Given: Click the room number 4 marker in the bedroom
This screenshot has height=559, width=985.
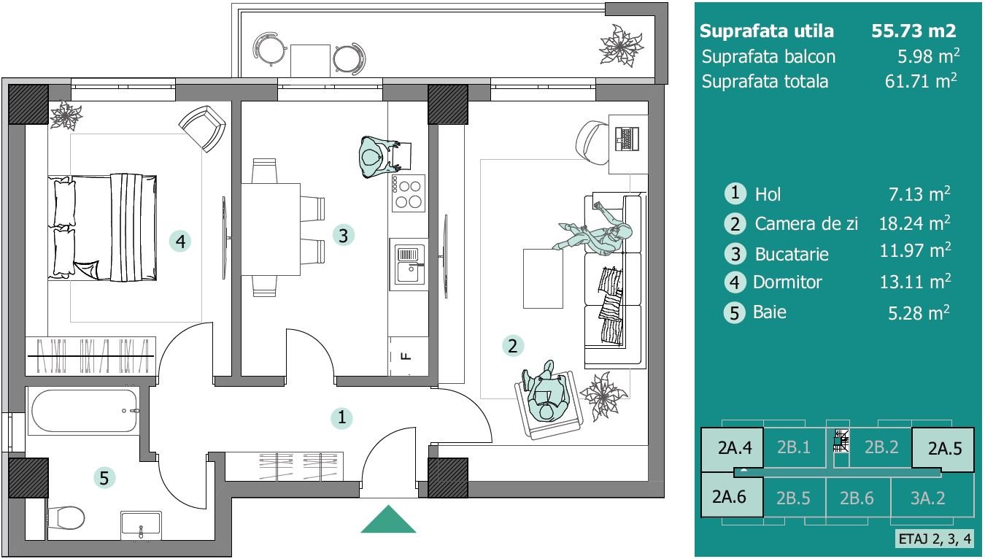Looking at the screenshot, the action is [180, 241].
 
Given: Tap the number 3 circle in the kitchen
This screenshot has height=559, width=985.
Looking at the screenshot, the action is [344, 235].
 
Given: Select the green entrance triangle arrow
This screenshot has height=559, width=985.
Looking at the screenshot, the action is [388, 520].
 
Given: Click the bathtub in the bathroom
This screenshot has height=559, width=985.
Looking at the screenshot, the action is [85, 411].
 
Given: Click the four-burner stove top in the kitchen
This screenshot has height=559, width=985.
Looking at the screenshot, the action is [409, 193].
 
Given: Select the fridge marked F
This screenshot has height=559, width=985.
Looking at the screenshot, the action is [409, 356].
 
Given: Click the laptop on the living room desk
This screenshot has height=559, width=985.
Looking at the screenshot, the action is [627, 139].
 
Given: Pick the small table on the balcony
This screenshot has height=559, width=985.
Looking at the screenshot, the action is [310, 61].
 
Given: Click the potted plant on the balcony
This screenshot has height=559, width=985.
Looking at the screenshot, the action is [621, 45].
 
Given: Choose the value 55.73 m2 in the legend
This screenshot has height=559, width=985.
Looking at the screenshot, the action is [913, 31].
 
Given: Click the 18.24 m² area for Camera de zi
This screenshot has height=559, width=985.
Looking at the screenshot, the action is [915, 223].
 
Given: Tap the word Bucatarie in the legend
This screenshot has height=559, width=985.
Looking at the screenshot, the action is [792, 254].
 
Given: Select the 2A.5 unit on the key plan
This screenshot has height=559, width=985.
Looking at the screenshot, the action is [945, 448].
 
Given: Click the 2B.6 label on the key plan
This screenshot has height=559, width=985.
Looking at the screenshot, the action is [857, 498].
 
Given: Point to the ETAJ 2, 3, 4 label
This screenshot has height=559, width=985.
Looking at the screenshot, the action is [935, 539].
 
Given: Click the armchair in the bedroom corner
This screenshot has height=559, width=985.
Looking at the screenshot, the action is [203, 128].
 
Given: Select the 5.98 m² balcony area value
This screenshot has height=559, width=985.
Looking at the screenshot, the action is [928, 56].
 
